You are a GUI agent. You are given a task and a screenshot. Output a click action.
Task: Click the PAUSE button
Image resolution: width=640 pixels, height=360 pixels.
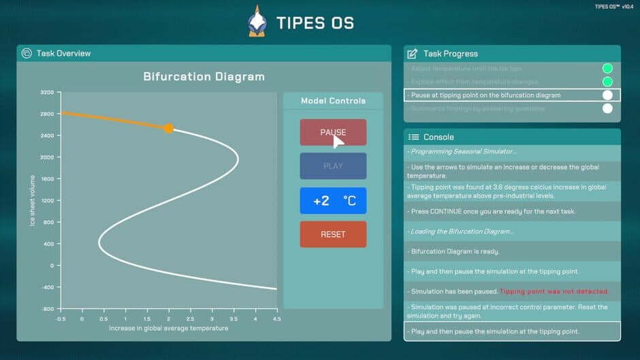click(333, 133)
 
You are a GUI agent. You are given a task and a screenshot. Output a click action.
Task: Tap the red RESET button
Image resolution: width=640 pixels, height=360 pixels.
click(333, 234)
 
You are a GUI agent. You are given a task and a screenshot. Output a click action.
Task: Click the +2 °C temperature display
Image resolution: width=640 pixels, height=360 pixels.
click(333, 201)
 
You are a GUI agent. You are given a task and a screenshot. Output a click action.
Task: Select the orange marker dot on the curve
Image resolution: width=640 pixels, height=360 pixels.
click(169, 128)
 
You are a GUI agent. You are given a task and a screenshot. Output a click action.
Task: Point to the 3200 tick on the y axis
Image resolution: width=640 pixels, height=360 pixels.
click(47, 92)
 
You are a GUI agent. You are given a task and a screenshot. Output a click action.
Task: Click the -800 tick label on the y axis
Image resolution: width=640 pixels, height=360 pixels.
click(47, 308)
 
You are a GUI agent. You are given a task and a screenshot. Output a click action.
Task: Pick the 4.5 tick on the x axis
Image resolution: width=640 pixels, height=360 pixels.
click(276, 318)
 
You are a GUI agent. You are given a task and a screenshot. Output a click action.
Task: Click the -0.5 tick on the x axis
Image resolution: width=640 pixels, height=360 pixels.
click(61, 318)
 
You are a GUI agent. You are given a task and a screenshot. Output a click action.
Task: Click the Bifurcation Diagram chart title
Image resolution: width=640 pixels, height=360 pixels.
click(204, 76)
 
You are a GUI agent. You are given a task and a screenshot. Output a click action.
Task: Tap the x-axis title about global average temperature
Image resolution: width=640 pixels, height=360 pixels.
click(168, 328)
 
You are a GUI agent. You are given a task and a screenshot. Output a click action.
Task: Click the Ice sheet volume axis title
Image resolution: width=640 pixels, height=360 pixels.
click(32, 200)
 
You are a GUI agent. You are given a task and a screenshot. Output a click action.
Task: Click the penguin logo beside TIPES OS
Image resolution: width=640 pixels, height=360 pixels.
click(257, 22)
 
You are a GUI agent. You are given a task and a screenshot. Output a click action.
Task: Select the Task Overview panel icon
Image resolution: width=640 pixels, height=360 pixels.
click(27, 53)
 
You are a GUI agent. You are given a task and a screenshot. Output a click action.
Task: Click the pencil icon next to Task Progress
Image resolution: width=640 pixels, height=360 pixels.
click(412, 54)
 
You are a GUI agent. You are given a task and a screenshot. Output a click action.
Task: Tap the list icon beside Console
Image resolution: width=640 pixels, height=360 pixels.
click(413, 137)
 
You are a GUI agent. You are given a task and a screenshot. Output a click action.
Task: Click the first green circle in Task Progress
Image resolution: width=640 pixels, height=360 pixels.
click(607, 68)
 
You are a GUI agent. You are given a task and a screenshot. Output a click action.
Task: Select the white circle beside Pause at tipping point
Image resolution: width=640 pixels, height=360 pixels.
click(607, 95)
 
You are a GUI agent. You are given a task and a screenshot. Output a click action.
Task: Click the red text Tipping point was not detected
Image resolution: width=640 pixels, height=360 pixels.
click(554, 291)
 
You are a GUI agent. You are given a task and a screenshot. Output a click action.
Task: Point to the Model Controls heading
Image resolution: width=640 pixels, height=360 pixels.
click(333, 101)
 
